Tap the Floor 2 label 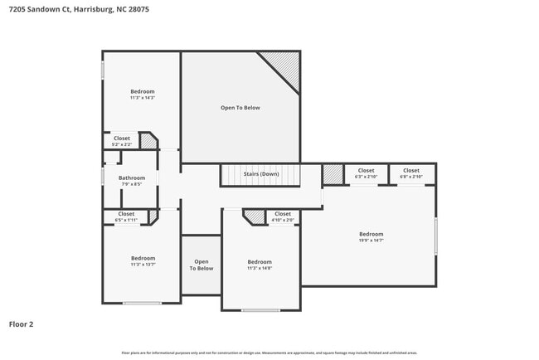[x=22, y=324]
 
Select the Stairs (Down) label [x=260, y=174]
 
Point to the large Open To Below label [x=240, y=108]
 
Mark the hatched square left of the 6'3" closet [x=333, y=173]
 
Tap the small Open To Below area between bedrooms [x=202, y=265]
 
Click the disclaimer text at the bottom [x=269, y=353]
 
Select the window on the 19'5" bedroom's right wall [x=435, y=236]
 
